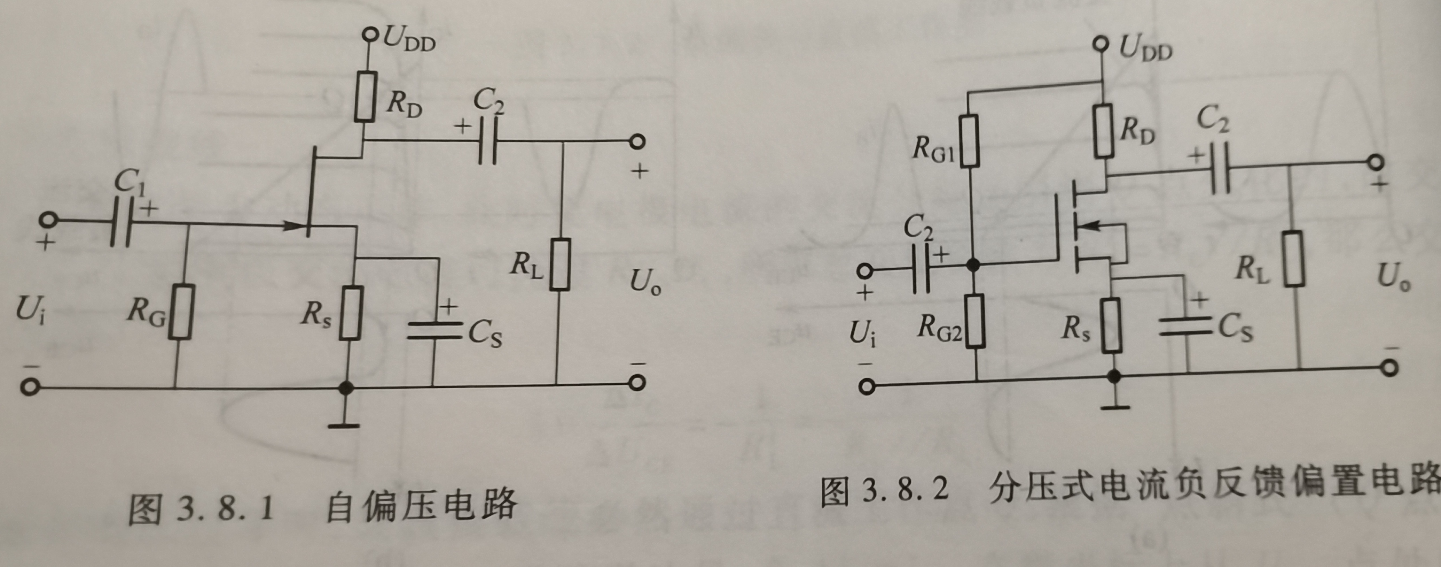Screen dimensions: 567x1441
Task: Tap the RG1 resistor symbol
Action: coord(970,141)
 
